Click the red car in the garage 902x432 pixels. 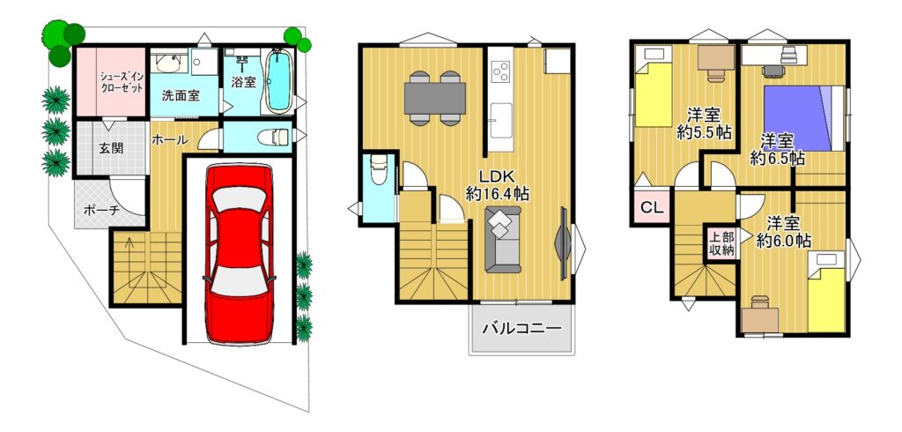pyautogui.click(x=239, y=254)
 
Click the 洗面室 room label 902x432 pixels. pyautogui.click(x=180, y=96)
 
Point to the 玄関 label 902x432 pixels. pyautogui.click(x=110, y=148)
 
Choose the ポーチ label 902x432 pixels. pyautogui.click(x=101, y=210)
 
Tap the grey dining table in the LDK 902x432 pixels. pyautogui.click(x=434, y=99)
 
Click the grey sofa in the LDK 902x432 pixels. pyautogui.click(x=502, y=239)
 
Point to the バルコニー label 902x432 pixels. pyautogui.click(x=521, y=330)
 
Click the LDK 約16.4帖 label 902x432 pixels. pyautogui.click(x=497, y=185)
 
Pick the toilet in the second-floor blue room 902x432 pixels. pyautogui.click(x=379, y=170)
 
